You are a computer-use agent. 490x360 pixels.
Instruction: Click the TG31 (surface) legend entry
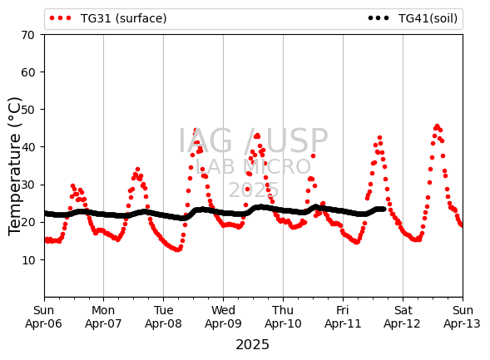point(108,18)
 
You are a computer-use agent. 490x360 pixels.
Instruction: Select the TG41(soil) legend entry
point(413,18)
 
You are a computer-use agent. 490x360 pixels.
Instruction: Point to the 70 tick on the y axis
point(27,35)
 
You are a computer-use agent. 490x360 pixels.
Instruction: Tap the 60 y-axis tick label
point(27,72)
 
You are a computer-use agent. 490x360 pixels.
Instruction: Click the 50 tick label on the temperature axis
point(27,110)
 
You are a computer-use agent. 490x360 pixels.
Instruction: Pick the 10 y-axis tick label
point(27,260)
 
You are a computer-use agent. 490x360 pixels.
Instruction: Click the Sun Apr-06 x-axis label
point(44,317)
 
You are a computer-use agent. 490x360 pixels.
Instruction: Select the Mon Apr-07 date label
point(103,317)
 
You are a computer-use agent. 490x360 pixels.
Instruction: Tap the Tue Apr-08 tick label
point(163,317)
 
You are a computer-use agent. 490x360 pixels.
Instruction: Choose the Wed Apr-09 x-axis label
point(223,317)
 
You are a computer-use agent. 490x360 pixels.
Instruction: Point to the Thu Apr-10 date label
point(283,317)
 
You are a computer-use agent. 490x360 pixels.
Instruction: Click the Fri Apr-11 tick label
point(343,317)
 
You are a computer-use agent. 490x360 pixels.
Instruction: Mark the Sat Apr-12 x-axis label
point(403,317)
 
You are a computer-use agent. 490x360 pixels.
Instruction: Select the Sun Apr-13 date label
point(463,317)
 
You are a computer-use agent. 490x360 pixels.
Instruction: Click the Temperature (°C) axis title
point(14,166)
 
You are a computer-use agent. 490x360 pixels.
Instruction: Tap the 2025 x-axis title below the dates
point(253,345)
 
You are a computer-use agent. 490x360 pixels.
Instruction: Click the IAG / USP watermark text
point(253,141)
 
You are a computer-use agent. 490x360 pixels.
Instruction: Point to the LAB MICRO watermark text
point(253,167)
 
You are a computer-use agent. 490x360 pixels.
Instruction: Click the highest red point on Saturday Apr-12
point(438,126)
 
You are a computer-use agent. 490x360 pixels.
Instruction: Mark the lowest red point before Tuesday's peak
point(177,249)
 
